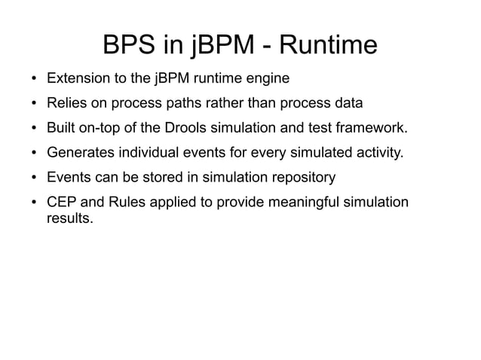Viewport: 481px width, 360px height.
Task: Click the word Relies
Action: [66, 104]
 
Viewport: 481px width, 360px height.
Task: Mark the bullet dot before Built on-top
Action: [35, 130]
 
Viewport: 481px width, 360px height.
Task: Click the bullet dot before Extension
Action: [35, 78]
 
